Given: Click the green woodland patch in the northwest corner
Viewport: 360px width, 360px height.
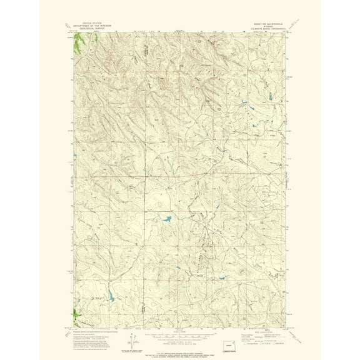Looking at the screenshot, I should point(79,43).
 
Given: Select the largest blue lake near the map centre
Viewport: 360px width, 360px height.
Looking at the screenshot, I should point(167,219).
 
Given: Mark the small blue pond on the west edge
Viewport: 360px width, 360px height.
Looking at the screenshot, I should point(73,156).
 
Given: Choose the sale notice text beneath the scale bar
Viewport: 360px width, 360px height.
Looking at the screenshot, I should point(180,338).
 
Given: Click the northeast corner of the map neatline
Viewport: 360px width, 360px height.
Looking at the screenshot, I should point(289,33).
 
